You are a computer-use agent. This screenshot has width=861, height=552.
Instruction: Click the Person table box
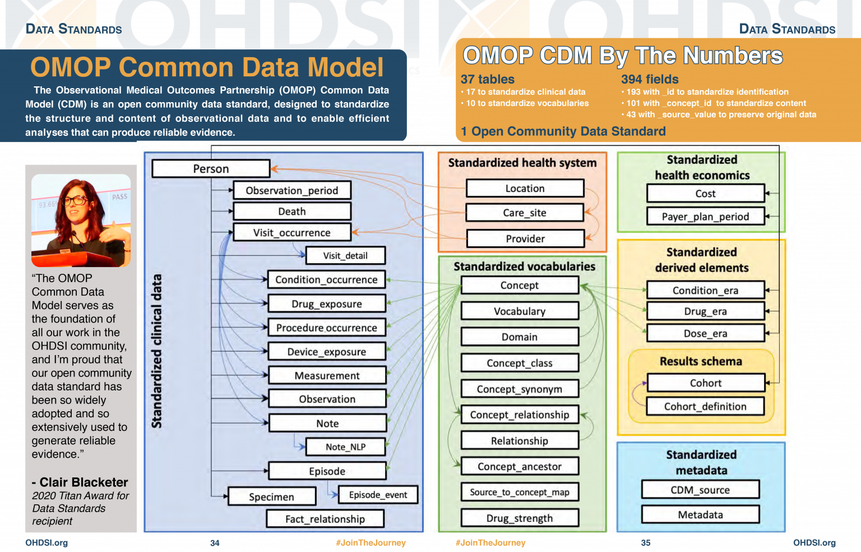click(211, 169)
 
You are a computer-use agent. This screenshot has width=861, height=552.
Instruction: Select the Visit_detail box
click(345, 256)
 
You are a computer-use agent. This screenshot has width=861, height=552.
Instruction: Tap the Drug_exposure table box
click(327, 304)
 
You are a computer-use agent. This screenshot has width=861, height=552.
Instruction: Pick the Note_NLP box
click(345, 447)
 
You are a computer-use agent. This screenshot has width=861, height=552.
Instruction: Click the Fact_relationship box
click(325, 519)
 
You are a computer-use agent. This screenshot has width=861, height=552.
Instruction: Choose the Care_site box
click(525, 213)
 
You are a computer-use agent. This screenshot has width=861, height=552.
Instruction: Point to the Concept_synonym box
click(519, 389)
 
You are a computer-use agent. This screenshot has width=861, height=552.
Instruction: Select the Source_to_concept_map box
click(519, 493)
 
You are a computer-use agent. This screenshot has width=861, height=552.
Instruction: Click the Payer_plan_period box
click(705, 217)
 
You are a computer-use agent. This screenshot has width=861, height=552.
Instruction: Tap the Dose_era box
click(705, 334)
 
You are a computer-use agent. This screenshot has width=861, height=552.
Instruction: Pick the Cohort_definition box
click(705, 407)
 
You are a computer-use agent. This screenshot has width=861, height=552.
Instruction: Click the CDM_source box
click(700, 490)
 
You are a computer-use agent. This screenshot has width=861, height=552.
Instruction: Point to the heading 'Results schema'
click(701, 362)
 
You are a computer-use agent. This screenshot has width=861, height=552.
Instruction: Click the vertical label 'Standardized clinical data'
click(157, 351)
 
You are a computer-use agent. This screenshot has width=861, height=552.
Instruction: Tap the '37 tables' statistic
click(488, 80)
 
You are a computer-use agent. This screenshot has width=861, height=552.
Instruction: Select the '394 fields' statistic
click(650, 80)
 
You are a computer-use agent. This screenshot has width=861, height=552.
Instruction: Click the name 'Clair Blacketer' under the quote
click(84, 482)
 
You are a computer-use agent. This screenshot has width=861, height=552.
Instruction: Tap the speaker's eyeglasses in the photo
click(75, 200)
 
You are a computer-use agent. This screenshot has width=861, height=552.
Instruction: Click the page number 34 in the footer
click(215, 543)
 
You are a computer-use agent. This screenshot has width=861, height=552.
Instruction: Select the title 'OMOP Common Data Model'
click(207, 67)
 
